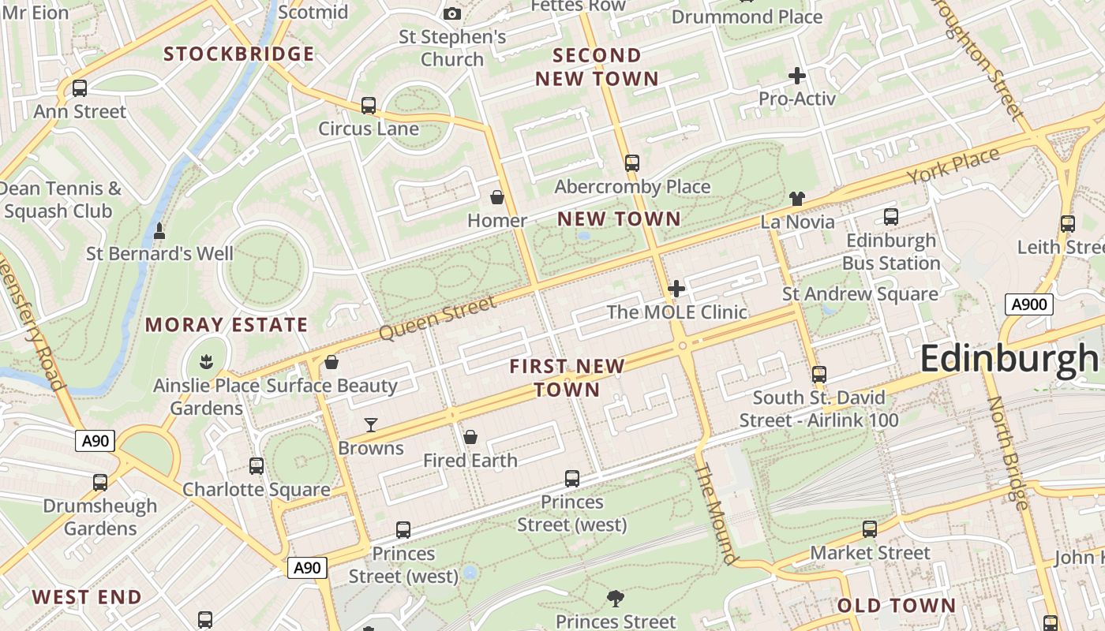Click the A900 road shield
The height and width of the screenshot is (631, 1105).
click(1029, 304)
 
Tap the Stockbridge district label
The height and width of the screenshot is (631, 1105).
click(238, 54)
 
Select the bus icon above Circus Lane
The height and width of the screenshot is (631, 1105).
click(369, 106)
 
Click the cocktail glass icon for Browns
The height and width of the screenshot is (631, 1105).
click(370, 425)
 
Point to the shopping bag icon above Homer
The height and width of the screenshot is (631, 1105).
click(497, 197)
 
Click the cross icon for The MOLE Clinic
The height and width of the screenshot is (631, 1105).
click(676, 289)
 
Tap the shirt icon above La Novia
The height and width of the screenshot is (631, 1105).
click(797, 199)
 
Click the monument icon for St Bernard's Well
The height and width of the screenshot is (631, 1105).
click(159, 231)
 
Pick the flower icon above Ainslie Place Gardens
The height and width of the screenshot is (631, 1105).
click(207, 362)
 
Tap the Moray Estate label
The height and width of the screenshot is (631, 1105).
click(227, 325)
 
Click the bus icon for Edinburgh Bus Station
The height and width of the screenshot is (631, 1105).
click(891, 217)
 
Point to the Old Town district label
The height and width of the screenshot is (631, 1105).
click(896, 606)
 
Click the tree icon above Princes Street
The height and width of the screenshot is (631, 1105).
click(616, 599)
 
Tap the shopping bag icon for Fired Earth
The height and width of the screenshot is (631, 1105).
click(470, 437)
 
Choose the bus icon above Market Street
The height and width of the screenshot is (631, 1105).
click(870, 529)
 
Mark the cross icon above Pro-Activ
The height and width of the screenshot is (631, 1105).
click(797, 76)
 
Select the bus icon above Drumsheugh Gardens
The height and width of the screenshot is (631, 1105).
click(100, 483)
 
